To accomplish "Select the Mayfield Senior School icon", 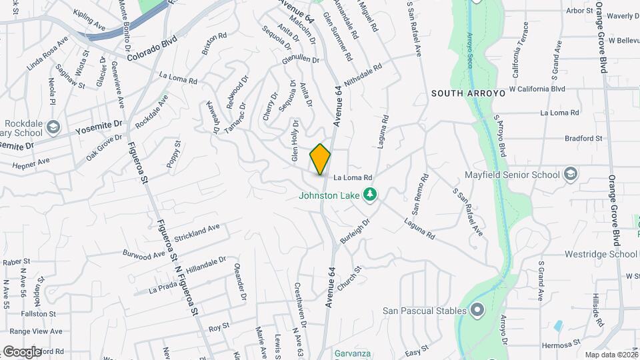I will click(x=570, y=175).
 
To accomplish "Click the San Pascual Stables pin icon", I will click(x=477, y=310).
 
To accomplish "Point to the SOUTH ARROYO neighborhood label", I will click(x=468, y=93).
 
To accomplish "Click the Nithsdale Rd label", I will click(x=363, y=77).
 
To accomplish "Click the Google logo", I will click(x=21, y=351).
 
